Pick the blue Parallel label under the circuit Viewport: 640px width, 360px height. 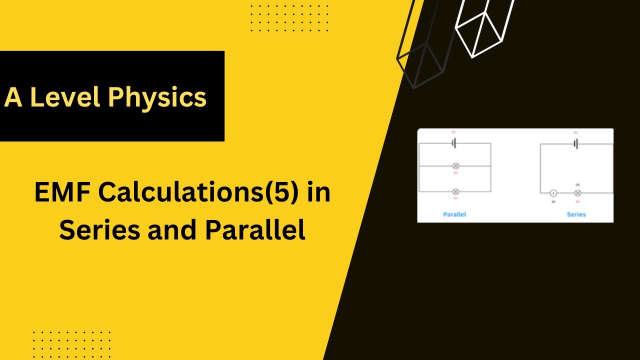pyautogui.click(x=454, y=214)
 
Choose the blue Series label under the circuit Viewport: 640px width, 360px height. pyautogui.click(x=576, y=214)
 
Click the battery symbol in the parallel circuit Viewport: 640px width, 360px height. pyautogui.click(x=454, y=143)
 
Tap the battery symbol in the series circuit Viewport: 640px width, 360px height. pyautogui.click(x=576, y=144)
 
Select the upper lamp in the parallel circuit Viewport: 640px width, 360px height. pyautogui.click(x=455, y=166)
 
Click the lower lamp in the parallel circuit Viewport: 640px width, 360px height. pyautogui.click(x=455, y=191)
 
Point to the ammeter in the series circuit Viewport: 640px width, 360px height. pyautogui.click(x=553, y=193)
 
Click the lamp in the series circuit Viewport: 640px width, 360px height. pyautogui.click(x=577, y=193)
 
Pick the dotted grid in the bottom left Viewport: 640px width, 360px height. pyautogui.click(x=71, y=343)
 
